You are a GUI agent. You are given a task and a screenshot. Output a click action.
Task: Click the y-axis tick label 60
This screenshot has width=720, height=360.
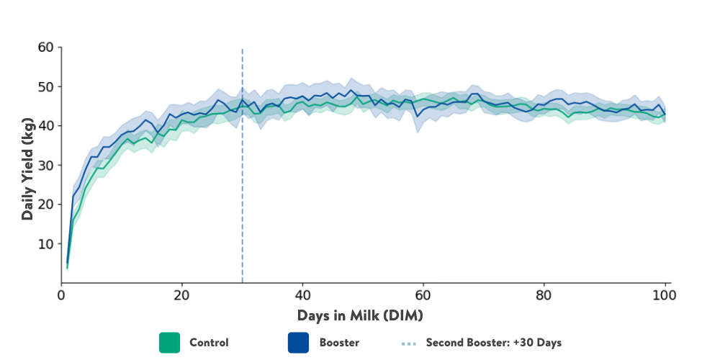pos(45,48)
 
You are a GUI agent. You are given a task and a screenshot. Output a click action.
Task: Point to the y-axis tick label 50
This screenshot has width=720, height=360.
pos(45,86)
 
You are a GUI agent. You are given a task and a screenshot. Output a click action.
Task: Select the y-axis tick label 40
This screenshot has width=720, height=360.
pos(45,126)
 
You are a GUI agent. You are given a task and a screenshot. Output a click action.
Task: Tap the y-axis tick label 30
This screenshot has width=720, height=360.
pos(45,165)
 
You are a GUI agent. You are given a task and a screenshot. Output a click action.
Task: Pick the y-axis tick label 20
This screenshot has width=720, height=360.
pos(45,204)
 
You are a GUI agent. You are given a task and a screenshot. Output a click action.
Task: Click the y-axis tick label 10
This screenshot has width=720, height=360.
pos(45,243)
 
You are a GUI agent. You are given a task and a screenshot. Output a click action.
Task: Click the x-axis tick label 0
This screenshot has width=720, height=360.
pos(61,295)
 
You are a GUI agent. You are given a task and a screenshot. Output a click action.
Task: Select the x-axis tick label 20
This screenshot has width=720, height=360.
pos(181,295)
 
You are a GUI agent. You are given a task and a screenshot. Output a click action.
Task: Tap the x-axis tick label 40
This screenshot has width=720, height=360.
pos(302,295)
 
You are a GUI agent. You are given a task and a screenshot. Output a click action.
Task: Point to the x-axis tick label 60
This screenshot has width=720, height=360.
pos(423,295)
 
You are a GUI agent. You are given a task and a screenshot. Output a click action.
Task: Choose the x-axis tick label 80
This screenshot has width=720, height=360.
pos(544,295)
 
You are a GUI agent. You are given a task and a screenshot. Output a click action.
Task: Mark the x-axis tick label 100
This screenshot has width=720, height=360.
pos(665,295)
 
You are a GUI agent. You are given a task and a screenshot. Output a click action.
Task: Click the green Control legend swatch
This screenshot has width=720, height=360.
pos(169,343)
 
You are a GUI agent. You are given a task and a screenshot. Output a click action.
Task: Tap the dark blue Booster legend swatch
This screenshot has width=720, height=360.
pos(298,343)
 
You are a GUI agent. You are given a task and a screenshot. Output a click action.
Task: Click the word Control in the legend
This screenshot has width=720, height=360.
pos(209,343)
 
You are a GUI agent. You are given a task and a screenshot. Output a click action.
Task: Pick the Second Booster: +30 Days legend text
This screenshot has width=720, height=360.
pos(493,343)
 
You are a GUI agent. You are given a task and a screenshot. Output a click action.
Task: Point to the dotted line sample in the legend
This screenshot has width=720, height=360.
pos(408,343)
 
